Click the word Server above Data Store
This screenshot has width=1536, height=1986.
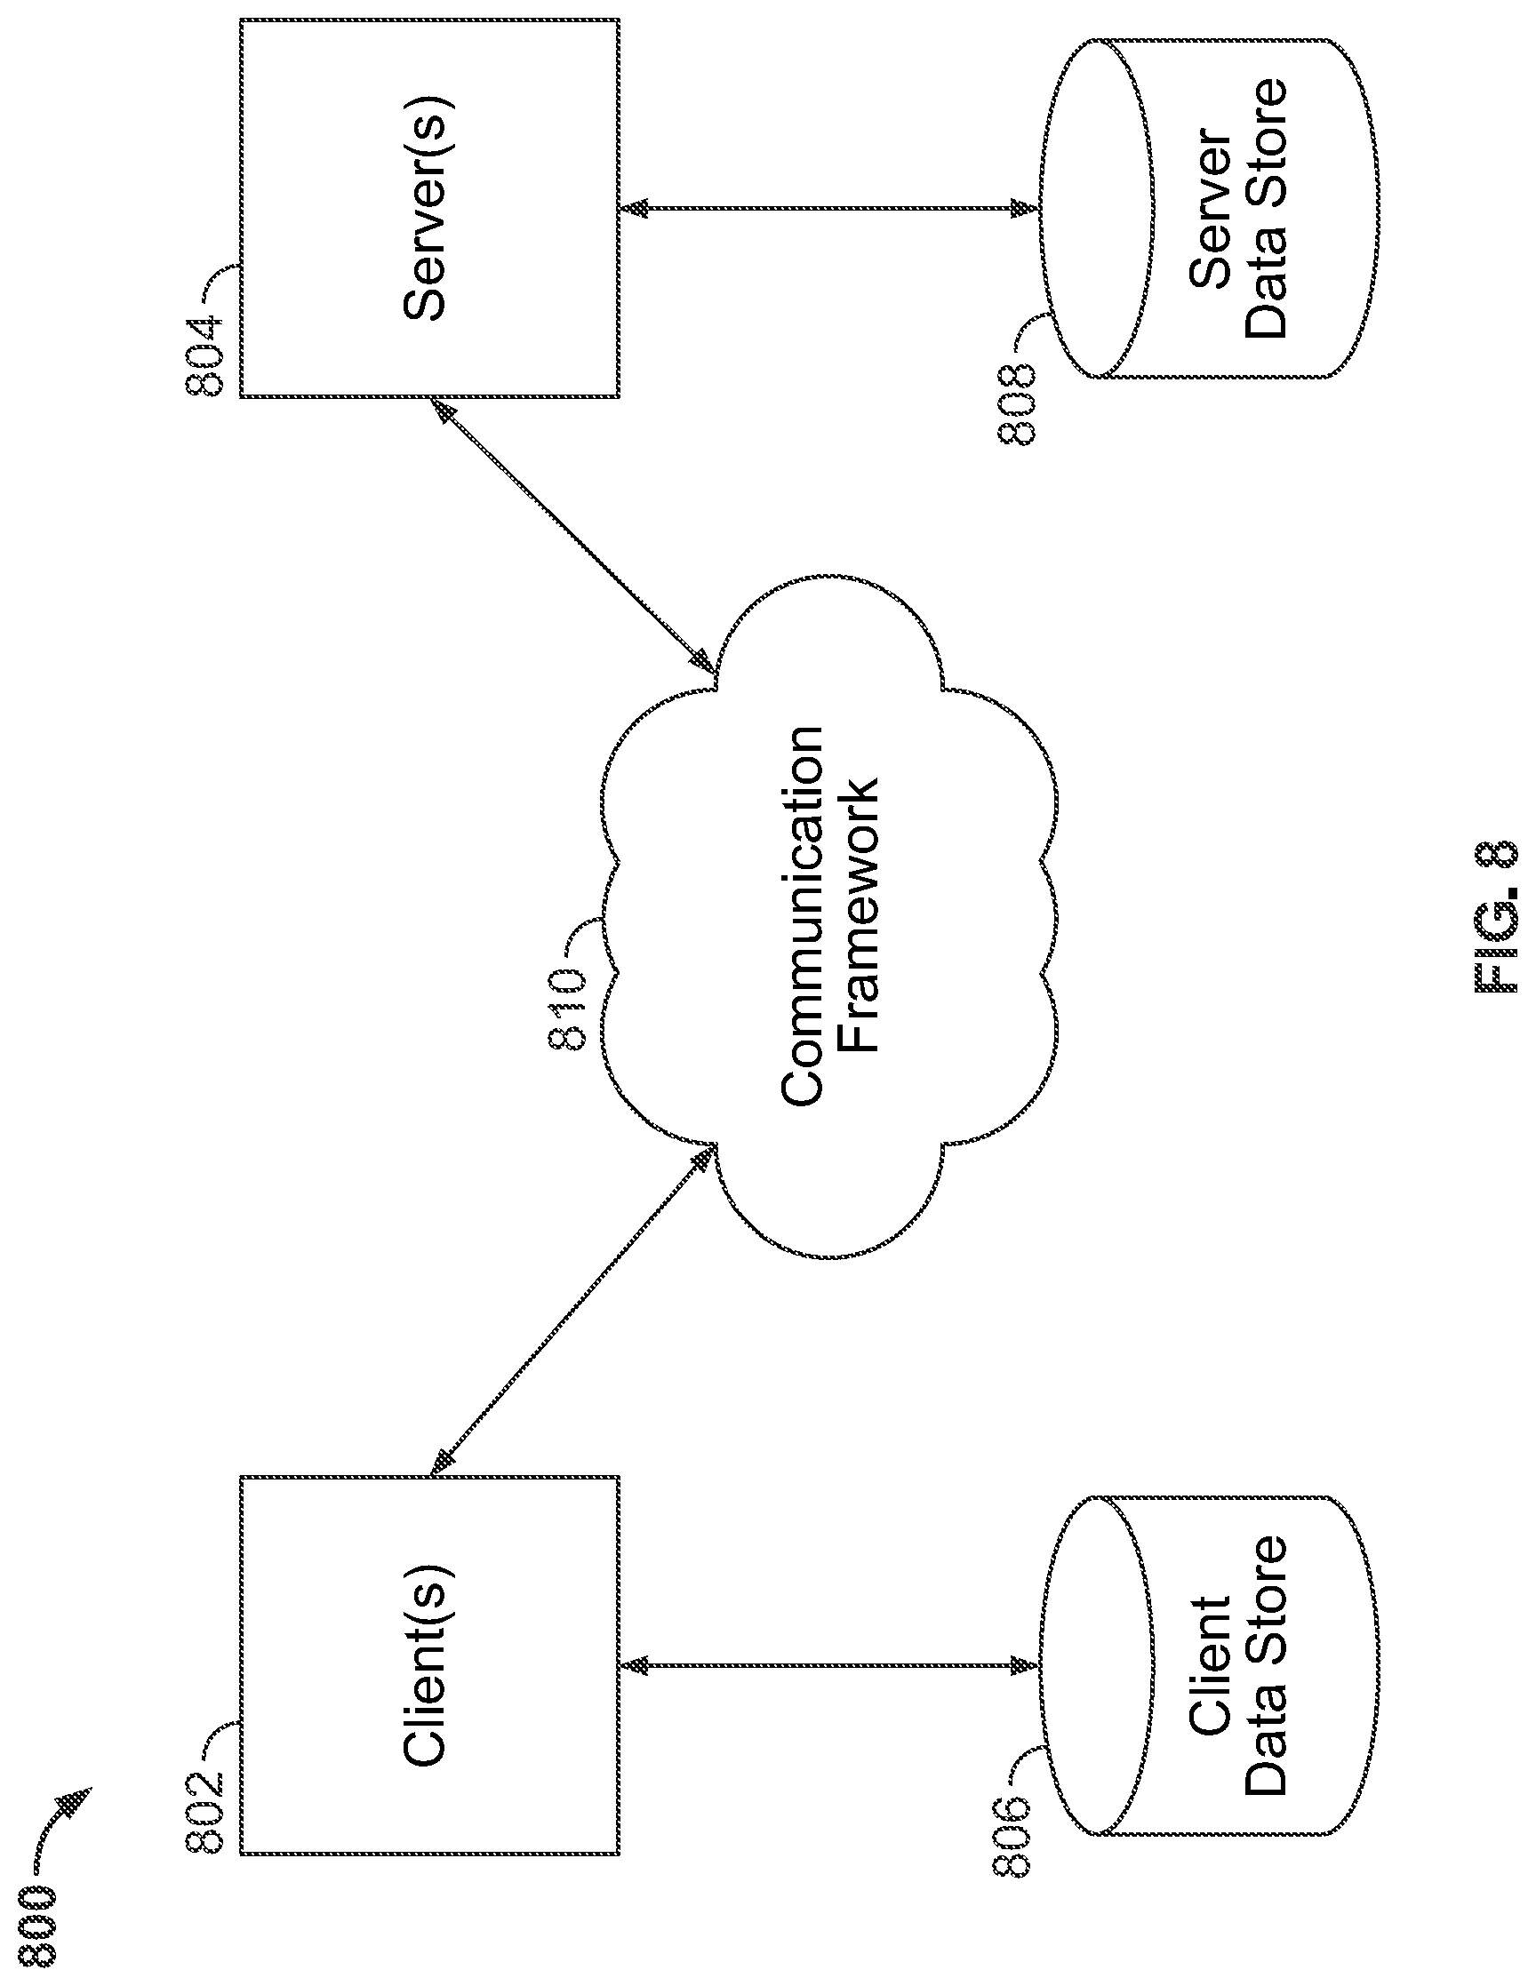(x=1211, y=210)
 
